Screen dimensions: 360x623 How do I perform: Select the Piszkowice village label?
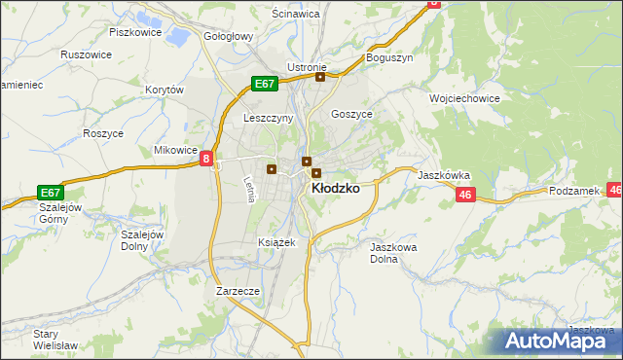[x=134, y=32]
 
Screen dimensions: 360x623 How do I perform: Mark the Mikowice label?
[x=176, y=151]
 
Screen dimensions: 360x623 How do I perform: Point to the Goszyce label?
[x=352, y=113]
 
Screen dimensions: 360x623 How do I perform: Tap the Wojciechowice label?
[x=464, y=98]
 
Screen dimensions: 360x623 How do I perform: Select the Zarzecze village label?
[x=238, y=291]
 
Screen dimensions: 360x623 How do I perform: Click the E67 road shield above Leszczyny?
[x=265, y=84]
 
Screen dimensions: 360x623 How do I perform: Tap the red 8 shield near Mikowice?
[x=207, y=158]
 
